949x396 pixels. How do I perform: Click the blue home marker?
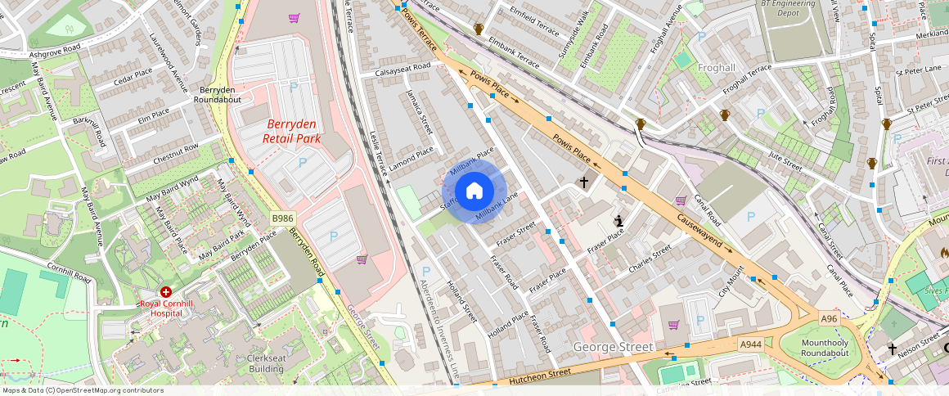coord(475,191)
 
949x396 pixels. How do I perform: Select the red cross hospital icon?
coord(166,291)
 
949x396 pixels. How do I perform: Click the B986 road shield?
coord(283,218)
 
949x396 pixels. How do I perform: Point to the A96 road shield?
coord(830,317)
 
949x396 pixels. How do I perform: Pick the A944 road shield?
coord(750,344)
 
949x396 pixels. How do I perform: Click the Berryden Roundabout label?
coord(218,93)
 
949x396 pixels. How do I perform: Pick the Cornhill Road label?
coord(69,272)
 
